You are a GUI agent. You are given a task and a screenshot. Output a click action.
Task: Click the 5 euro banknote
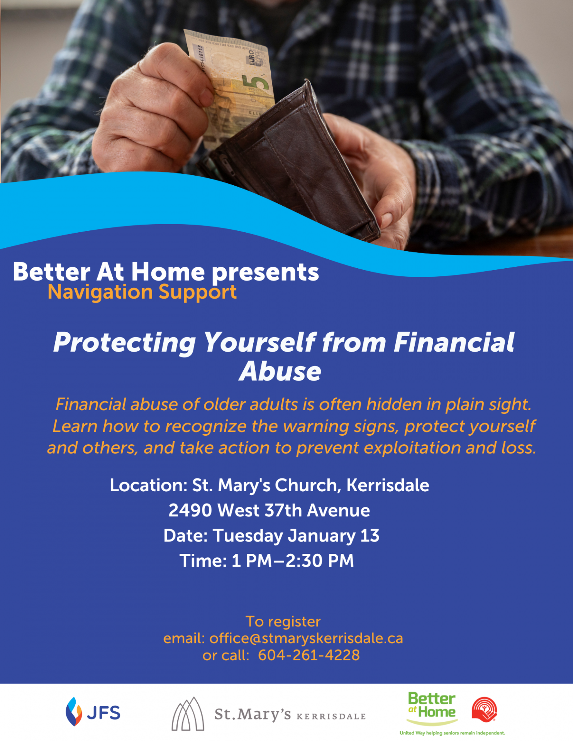(232, 85)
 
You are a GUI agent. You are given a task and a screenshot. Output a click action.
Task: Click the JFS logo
(93, 711)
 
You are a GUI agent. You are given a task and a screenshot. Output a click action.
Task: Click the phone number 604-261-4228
(309, 655)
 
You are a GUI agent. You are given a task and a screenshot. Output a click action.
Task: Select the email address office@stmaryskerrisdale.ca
(306, 638)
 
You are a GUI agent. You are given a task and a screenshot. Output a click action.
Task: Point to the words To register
(283, 622)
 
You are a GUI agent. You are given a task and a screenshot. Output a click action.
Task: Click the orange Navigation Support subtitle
(142, 292)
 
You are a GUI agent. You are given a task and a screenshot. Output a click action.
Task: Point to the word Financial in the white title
(454, 342)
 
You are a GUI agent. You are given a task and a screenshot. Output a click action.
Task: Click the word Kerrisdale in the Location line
(388, 485)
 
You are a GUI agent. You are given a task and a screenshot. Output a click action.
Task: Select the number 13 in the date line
(370, 536)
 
